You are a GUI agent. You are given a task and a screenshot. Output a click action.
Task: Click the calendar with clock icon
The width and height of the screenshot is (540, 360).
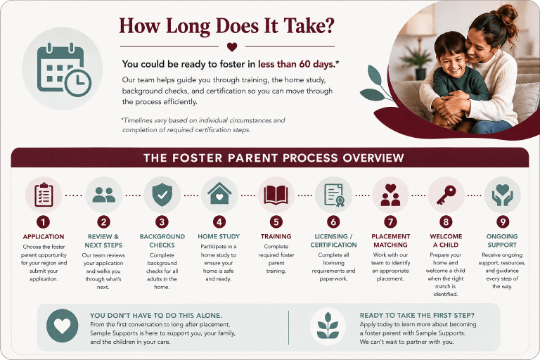[x=64, y=69]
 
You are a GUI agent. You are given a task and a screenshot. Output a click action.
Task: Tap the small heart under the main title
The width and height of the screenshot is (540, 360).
[x=232, y=47]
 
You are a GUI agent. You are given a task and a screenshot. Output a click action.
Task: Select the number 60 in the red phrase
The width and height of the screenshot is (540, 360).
[x=304, y=64]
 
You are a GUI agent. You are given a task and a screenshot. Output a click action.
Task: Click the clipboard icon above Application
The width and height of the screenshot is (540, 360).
[x=44, y=195]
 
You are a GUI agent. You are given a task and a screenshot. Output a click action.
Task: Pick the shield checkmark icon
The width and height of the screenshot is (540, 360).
[x=162, y=195]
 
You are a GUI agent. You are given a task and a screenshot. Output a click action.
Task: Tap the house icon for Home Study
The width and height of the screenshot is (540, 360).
[x=219, y=193]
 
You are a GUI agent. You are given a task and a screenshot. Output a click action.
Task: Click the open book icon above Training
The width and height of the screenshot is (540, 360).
[x=276, y=195]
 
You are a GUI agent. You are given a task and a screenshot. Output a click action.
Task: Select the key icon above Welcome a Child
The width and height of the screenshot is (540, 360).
[x=446, y=195]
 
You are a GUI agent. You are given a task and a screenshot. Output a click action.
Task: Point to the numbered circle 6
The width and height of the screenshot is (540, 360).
[x=333, y=222]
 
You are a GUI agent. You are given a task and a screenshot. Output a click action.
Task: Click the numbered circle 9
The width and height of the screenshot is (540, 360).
[x=503, y=222]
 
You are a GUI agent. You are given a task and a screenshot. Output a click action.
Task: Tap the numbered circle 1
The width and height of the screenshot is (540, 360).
[x=44, y=222]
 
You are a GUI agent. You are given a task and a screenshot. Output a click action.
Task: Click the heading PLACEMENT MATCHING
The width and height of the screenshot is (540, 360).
[x=390, y=240]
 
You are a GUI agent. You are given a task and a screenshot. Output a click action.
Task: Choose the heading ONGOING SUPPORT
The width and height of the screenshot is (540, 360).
[x=502, y=240]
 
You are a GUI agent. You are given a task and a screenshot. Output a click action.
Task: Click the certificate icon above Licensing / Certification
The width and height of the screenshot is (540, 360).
[x=334, y=195]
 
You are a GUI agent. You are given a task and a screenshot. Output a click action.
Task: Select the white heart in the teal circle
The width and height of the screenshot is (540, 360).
[x=63, y=326]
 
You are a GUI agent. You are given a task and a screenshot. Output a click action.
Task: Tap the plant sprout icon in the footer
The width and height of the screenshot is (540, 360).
[x=328, y=326]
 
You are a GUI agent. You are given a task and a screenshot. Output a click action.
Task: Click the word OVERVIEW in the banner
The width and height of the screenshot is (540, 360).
[x=373, y=157]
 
